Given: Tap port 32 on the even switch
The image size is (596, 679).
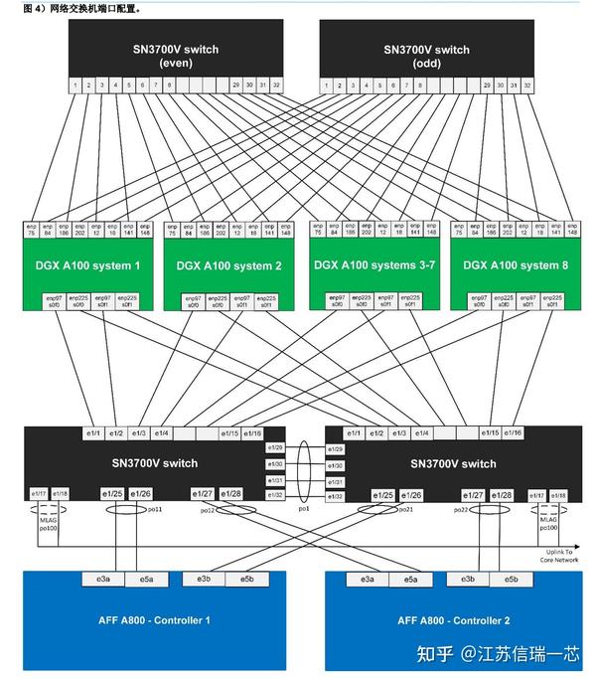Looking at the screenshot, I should [275, 86].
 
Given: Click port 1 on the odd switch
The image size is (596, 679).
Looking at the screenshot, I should [326, 86].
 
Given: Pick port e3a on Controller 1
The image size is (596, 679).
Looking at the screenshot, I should [103, 579].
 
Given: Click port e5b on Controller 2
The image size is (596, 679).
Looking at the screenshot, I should [511, 579].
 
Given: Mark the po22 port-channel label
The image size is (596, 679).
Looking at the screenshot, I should [460, 509].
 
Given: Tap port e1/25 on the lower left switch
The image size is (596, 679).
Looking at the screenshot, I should [111, 494].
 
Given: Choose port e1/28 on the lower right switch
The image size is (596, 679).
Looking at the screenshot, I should [502, 494].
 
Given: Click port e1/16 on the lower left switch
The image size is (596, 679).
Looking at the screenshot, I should [252, 433].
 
